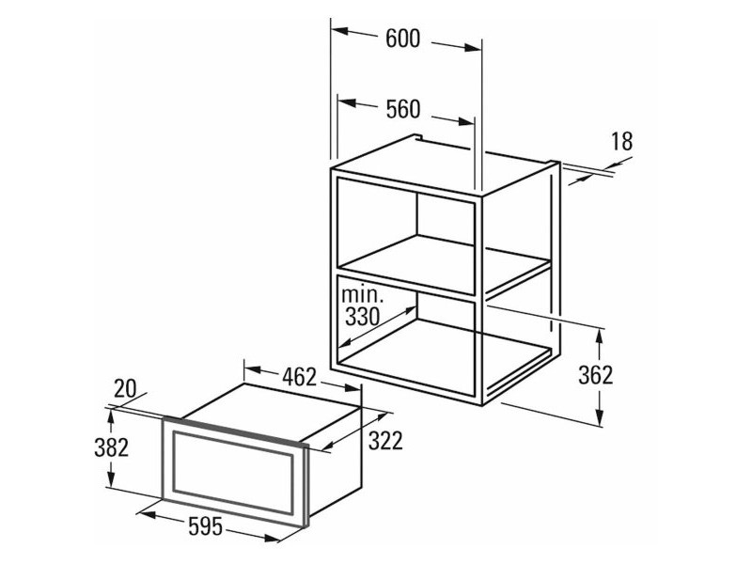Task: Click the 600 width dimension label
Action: (x=403, y=39)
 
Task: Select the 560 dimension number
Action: (x=403, y=109)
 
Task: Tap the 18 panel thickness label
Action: (x=621, y=142)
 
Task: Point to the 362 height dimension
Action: (x=596, y=375)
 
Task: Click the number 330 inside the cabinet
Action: (x=363, y=317)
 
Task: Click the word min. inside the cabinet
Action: (x=363, y=294)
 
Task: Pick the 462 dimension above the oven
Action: (x=299, y=377)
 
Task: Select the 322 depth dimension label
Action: (x=385, y=441)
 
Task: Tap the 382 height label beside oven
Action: (x=112, y=447)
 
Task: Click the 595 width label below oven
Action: (x=206, y=526)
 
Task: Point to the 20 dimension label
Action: (x=125, y=388)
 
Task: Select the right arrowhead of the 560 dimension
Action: (x=466, y=121)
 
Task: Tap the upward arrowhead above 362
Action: (x=599, y=337)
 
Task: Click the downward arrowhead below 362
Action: (x=599, y=416)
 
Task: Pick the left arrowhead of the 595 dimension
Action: (x=148, y=514)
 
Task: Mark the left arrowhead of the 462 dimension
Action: (x=252, y=369)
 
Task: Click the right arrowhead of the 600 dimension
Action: (x=473, y=48)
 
